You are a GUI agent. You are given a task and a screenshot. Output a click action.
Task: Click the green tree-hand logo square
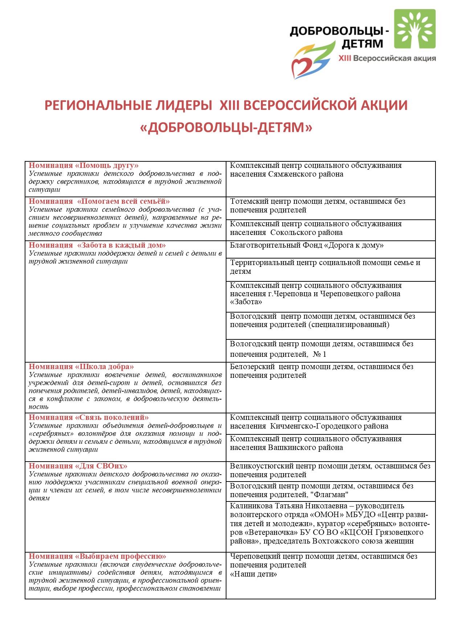[415, 29]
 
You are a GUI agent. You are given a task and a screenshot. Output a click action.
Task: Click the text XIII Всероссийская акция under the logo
[387, 58]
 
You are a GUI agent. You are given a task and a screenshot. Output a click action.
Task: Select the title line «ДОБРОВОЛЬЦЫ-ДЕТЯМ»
[226, 127]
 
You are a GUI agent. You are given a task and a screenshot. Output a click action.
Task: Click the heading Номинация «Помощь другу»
[83, 166]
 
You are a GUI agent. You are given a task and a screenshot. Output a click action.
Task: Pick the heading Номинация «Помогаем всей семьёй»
[99, 202]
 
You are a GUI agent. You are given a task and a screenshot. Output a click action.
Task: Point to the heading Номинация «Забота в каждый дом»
[97, 245]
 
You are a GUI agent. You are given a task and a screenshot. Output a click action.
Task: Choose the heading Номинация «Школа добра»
[81, 367]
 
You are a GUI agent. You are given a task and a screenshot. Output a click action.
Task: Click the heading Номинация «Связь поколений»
[89, 418]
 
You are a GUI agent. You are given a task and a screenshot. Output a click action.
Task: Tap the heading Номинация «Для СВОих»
[78, 466]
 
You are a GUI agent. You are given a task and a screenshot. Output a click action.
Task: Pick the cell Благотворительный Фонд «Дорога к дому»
[307, 245]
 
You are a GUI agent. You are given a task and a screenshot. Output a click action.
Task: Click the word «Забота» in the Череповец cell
[246, 302]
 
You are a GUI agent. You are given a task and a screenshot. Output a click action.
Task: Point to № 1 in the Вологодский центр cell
[319, 354]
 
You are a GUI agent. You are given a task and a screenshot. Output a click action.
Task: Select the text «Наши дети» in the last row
[253, 574]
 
